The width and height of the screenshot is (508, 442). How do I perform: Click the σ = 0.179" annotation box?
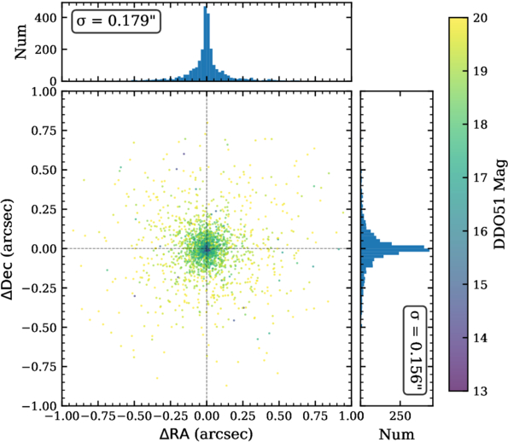(116, 21)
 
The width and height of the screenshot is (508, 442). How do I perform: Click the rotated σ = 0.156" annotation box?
(415, 350)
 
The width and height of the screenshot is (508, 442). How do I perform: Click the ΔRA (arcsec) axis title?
(206, 434)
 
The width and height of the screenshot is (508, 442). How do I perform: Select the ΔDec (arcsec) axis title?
(8, 249)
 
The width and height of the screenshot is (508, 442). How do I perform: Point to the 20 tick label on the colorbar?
(480, 18)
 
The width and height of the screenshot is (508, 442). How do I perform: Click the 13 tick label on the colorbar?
(480, 391)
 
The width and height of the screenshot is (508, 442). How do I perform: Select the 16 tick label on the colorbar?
(480, 231)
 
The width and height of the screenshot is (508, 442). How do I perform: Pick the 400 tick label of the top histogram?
(46, 18)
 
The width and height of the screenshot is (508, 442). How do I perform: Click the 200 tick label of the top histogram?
(46, 49)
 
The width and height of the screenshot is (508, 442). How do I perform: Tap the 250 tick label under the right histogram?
(400, 416)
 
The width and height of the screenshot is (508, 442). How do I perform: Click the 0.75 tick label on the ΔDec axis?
(44, 131)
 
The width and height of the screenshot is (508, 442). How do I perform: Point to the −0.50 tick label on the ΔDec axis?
(39, 328)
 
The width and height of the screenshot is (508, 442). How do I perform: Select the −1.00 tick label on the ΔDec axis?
(39, 406)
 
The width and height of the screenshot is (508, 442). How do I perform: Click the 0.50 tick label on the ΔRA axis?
(279, 416)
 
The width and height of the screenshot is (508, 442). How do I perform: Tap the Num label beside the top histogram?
(20, 42)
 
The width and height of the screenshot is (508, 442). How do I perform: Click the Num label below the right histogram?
(396, 434)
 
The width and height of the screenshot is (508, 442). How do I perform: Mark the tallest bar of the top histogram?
(205, 44)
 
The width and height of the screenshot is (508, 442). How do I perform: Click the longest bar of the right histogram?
(395, 250)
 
